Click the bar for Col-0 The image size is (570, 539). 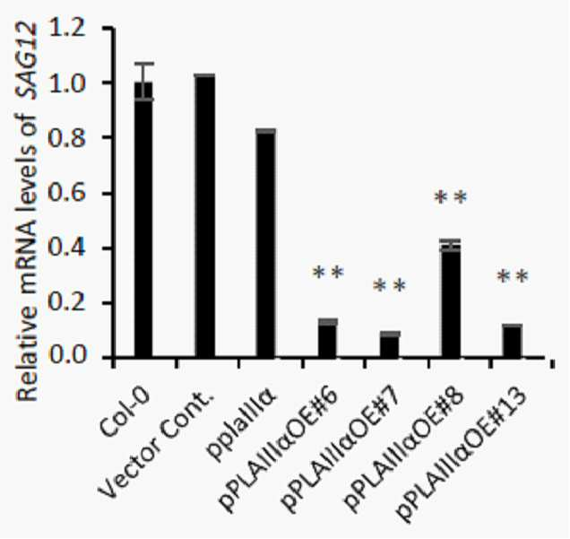click(x=143, y=220)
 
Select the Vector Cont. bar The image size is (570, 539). click(x=205, y=216)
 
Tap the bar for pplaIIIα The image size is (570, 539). click(x=266, y=243)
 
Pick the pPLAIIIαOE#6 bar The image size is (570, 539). click(x=328, y=338)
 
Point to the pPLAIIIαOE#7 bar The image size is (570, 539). click(x=390, y=344)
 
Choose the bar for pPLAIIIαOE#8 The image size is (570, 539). click(x=451, y=300)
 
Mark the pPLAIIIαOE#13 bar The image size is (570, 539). click(x=513, y=341)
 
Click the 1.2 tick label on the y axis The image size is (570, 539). click(x=67, y=29)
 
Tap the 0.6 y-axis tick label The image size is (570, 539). click(x=67, y=193)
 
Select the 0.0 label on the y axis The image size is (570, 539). click(x=67, y=356)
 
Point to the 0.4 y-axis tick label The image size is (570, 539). click(x=67, y=248)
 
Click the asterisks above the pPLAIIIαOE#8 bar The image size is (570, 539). click(x=451, y=198)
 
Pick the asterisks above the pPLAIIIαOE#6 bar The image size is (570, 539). click(x=328, y=273)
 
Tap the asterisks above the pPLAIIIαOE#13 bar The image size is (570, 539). click(x=513, y=277)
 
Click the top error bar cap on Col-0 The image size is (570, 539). click(x=144, y=64)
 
